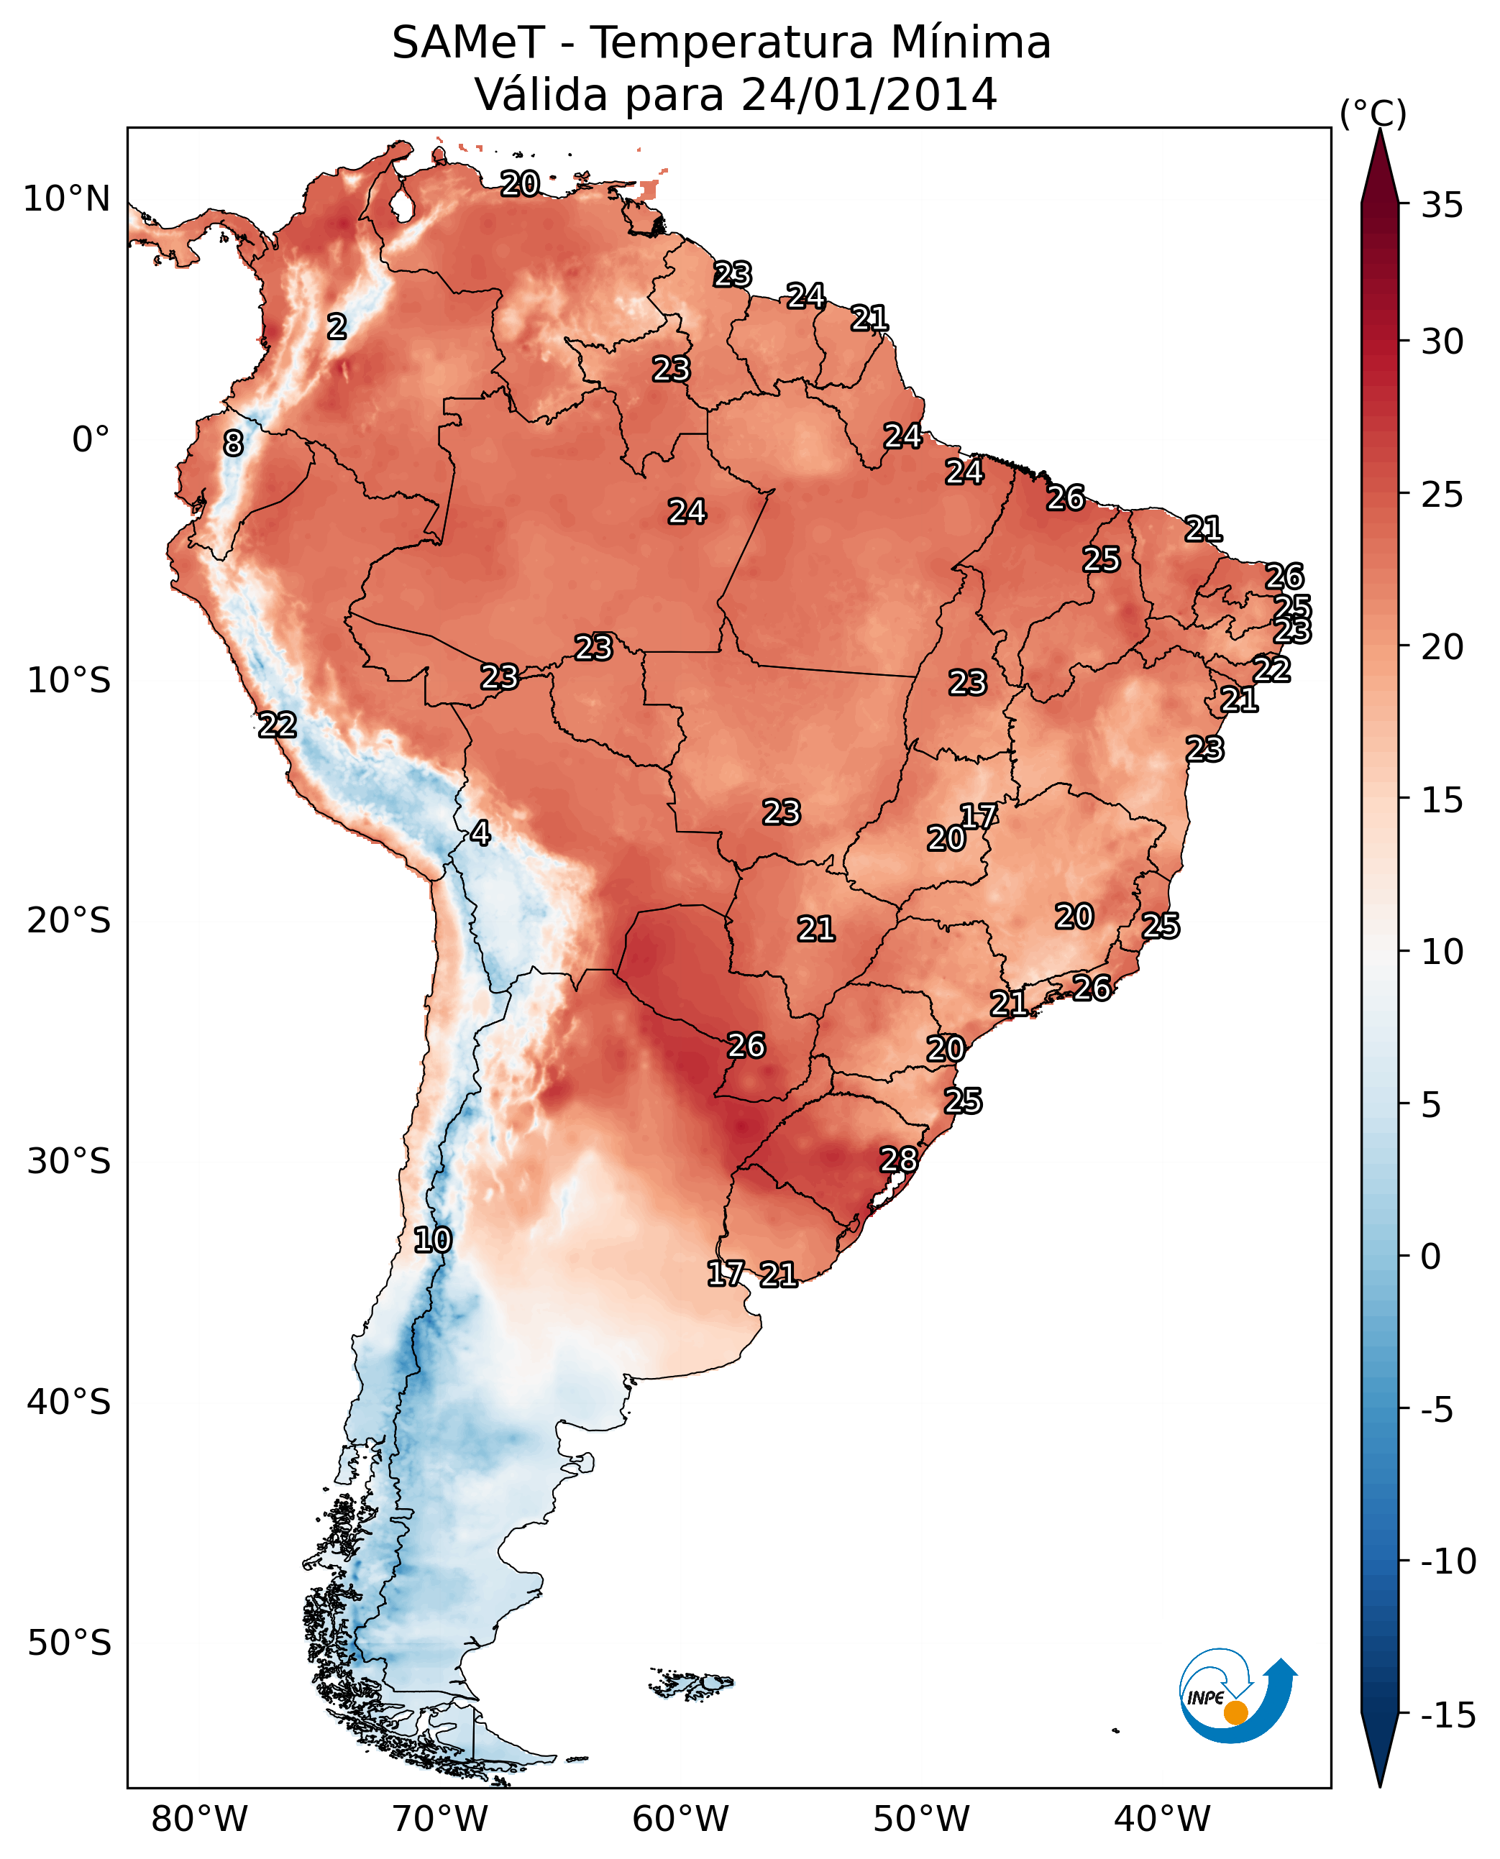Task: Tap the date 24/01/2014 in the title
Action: (869, 94)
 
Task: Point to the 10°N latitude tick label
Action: (67, 200)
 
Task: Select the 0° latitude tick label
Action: (91, 440)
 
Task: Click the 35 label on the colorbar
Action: (1442, 206)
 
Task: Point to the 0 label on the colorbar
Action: (1431, 1257)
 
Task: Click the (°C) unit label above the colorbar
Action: (1373, 113)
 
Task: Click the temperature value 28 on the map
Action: (899, 1160)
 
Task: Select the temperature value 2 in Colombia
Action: (337, 326)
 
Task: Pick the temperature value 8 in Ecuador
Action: (233, 443)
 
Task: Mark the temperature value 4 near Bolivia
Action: (480, 832)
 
